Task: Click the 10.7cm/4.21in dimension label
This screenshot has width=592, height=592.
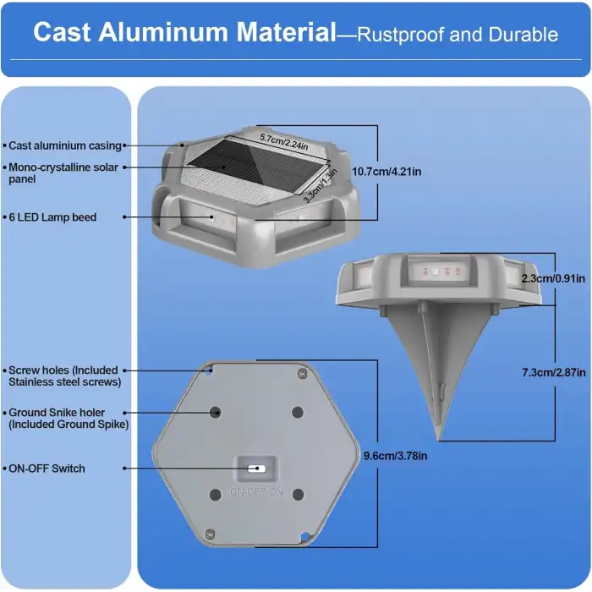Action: [x=386, y=172]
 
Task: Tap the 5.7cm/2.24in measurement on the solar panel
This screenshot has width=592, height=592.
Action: [x=284, y=142]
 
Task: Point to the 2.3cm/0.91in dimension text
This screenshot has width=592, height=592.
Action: [x=553, y=278]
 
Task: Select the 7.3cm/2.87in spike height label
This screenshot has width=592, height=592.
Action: [x=554, y=373]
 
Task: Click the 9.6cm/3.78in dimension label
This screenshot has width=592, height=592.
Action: [x=395, y=456]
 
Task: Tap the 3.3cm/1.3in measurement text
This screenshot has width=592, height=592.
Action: [x=321, y=186]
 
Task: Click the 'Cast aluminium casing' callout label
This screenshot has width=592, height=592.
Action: [x=65, y=145]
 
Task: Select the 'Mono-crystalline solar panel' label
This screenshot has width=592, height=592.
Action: [x=63, y=173]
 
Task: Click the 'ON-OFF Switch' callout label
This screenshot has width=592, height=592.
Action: [x=47, y=469]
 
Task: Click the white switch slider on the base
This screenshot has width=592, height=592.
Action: [x=256, y=469]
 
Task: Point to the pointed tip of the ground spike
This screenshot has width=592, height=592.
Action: [x=439, y=440]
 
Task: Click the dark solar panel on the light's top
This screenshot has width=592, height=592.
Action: [x=258, y=165]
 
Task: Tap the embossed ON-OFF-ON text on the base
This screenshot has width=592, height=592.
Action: [x=256, y=492]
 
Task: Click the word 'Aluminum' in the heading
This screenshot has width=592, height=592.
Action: [x=163, y=32]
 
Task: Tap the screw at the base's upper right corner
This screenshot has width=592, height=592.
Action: [x=302, y=374]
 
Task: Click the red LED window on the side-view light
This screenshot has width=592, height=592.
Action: [x=441, y=271]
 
